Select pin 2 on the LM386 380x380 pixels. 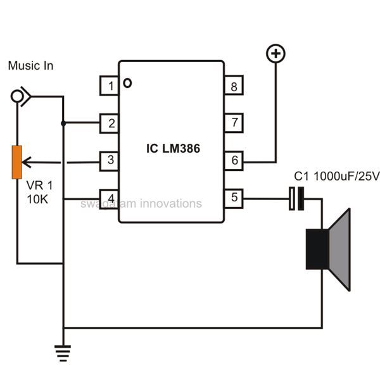(110, 123)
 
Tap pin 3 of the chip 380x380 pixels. (110, 160)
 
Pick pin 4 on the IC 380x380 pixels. (110, 198)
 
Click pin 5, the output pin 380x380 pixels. (234, 198)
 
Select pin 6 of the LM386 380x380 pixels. (234, 160)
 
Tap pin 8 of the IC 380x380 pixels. (234, 86)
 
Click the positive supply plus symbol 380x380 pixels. (275, 54)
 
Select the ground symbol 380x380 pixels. (63, 352)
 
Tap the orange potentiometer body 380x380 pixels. (18, 162)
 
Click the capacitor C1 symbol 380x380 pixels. (296, 198)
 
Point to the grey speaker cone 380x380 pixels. (341, 250)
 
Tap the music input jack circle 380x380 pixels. (18, 96)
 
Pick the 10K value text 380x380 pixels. (37, 200)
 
